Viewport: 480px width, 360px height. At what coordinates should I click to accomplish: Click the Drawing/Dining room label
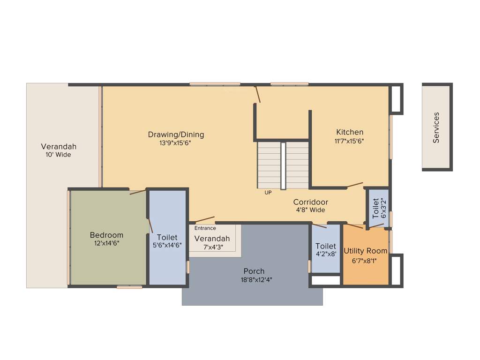[x=176, y=135]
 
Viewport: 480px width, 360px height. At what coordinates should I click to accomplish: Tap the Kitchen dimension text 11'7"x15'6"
[x=349, y=141]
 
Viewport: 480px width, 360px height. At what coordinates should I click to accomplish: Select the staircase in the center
[x=283, y=165]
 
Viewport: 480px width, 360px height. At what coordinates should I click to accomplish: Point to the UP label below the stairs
[x=268, y=193]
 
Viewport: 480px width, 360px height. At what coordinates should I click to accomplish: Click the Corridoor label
[x=310, y=202]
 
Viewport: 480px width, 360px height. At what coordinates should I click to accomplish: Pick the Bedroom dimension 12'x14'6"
[x=106, y=243]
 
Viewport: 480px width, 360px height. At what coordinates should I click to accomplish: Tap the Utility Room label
[x=366, y=251]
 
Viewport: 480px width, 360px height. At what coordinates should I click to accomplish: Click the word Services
[x=436, y=127]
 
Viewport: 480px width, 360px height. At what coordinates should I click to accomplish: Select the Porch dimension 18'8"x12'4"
[x=254, y=279]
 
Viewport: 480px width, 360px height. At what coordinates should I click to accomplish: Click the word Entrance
[x=205, y=228]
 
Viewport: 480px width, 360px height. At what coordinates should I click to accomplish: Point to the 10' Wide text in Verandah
[x=58, y=154]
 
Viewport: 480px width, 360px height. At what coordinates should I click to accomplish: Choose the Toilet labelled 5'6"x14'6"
[x=167, y=238]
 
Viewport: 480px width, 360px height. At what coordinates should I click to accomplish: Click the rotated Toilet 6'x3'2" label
[x=379, y=208]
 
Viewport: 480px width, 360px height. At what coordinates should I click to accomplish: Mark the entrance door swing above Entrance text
[x=204, y=219]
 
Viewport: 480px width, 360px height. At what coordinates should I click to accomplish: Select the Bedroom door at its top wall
[x=138, y=191]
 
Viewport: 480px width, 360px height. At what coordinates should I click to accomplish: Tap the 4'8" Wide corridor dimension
[x=310, y=210]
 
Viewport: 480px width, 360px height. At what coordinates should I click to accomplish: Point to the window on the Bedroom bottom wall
[x=129, y=287]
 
